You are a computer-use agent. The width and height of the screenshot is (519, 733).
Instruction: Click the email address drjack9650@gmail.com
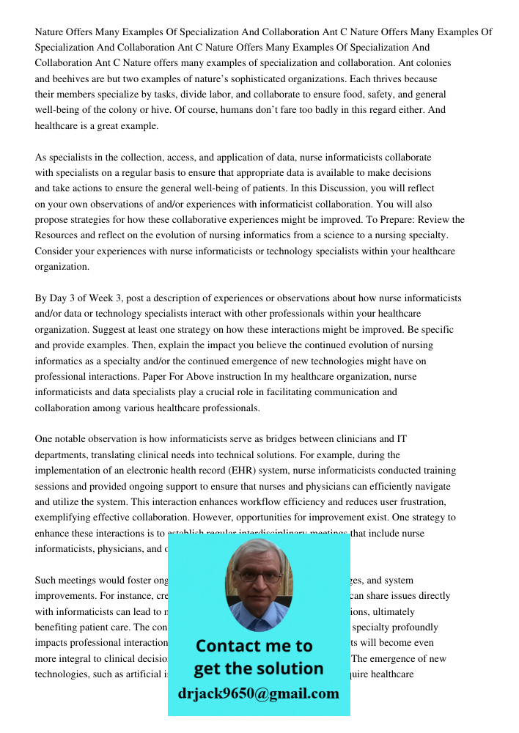(259, 693)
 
